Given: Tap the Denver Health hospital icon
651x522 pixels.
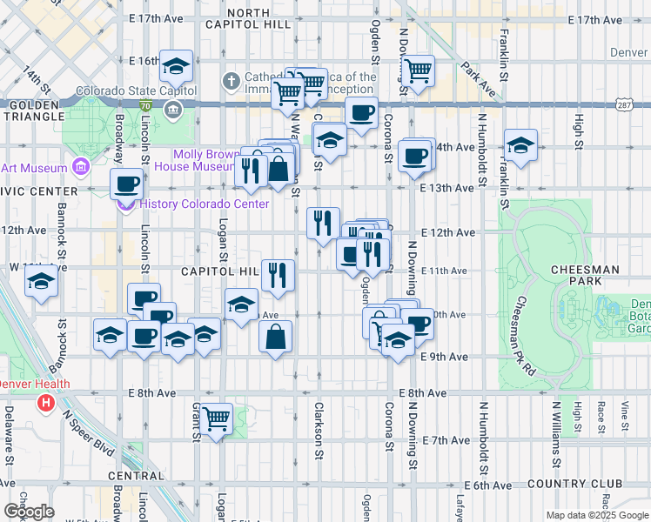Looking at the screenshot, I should tap(46, 403).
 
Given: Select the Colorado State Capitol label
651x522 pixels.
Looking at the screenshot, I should tap(124, 90).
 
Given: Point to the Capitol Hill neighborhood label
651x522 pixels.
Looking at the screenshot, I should tap(220, 271).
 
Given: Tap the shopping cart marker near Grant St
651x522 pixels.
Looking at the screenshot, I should tap(216, 418).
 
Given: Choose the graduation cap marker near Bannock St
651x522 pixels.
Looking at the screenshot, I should tap(41, 282).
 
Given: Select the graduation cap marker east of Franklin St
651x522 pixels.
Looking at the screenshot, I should tap(520, 145).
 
